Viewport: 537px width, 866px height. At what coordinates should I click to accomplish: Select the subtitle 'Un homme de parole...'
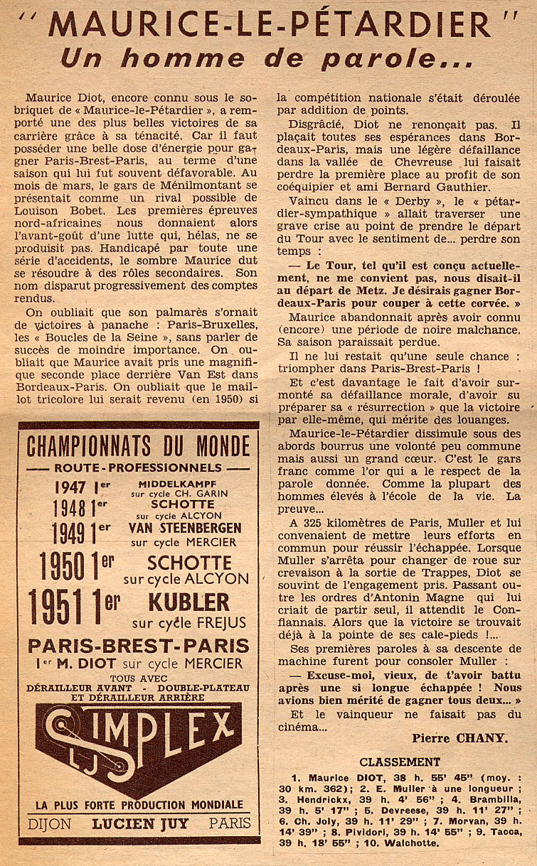(x=266, y=58)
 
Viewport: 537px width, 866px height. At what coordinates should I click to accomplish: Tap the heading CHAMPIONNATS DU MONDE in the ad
(x=138, y=446)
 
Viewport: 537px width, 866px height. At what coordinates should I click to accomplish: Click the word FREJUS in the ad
(x=216, y=623)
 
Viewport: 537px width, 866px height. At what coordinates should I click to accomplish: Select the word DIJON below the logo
(x=50, y=823)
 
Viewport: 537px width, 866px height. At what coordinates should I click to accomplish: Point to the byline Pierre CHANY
(x=459, y=738)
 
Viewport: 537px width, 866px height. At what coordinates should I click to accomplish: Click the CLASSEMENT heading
(x=399, y=762)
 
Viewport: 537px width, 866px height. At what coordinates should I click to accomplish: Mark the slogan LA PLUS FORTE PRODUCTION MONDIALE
(x=139, y=805)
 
